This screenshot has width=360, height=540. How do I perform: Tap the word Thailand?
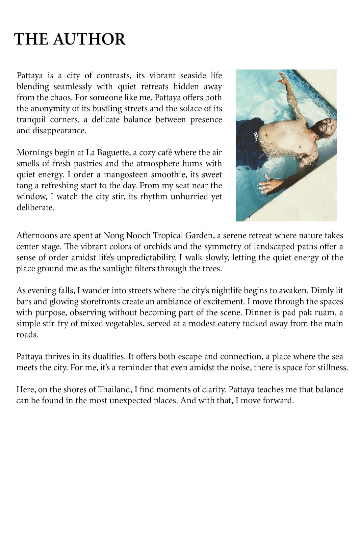(x=114, y=389)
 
